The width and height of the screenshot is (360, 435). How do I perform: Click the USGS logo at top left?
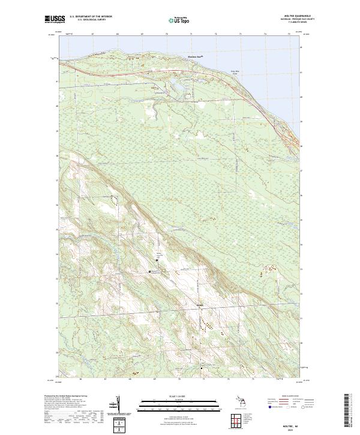[x=55, y=20]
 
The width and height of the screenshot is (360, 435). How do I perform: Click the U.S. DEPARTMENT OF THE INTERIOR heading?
[x=91, y=17]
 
